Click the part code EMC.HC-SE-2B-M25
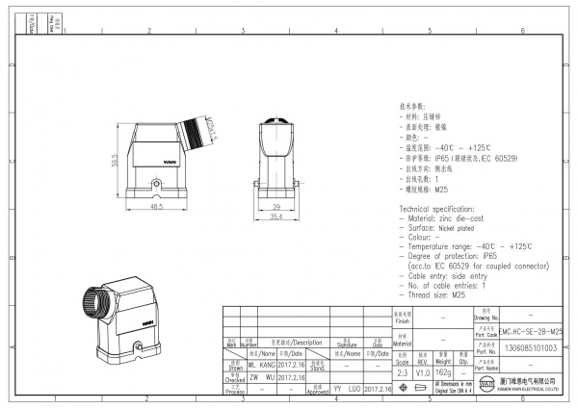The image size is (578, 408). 539,330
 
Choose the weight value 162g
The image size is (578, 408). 443,371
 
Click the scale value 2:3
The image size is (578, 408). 403,371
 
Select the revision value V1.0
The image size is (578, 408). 422,371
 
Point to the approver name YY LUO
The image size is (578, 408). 346,389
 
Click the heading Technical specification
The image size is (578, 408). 440,208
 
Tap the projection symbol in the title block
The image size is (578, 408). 421,388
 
